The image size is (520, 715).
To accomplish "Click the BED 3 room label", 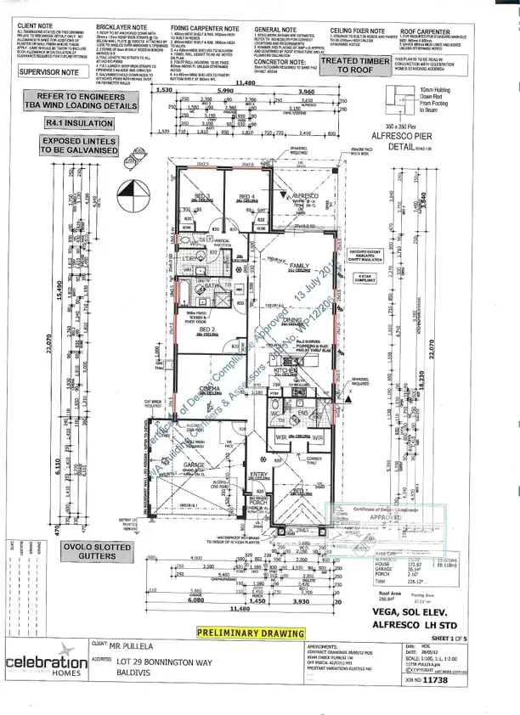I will coord(202,195).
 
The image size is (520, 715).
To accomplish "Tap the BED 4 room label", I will coord(248,196).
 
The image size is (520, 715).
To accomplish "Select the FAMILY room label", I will coord(298,266).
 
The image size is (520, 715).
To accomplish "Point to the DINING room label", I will coord(293,319).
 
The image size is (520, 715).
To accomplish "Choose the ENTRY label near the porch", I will coord(259,474).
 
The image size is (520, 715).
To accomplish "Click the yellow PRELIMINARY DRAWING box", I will coord(250,633).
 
